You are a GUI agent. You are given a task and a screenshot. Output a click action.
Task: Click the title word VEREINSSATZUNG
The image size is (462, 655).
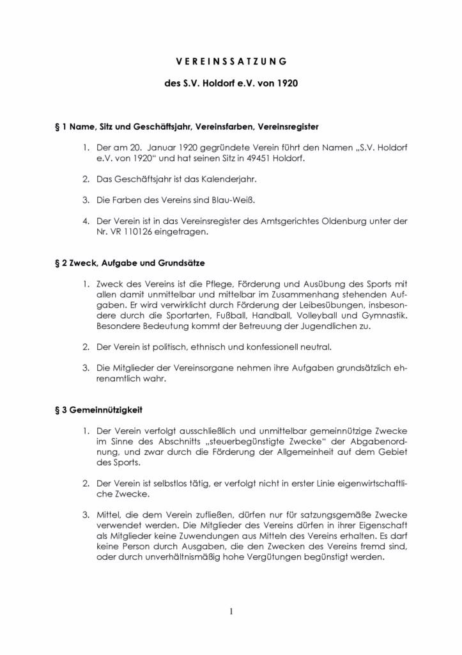(231, 61)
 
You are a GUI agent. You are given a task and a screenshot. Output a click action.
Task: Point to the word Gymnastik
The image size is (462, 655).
(381, 315)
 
